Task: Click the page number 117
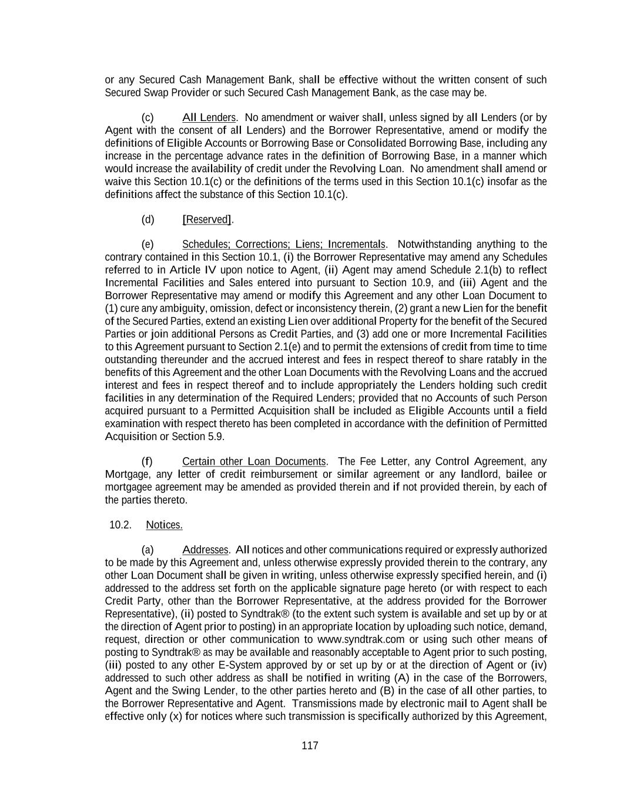(x=310, y=746)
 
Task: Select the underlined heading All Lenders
(x=209, y=118)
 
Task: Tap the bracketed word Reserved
(x=207, y=220)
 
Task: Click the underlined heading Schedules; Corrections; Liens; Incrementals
(x=284, y=244)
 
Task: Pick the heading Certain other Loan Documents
(x=254, y=462)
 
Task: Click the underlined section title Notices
(x=164, y=525)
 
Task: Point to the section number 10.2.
(x=120, y=525)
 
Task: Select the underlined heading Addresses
(x=205, y=550)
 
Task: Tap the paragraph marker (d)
(x=148, y=220)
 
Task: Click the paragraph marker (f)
(x=147, y=462)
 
